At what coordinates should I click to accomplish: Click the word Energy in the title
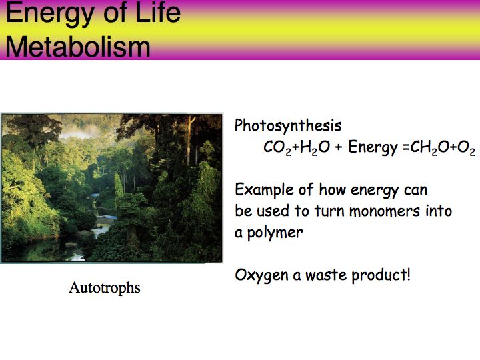coord(49,13)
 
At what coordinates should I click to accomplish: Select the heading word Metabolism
coord(78,47)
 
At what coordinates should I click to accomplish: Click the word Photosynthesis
coord(288,125)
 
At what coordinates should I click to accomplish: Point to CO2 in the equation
coord(277,147)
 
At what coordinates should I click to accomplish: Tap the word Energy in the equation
coord(373,148)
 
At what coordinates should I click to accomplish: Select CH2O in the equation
coord(430,147)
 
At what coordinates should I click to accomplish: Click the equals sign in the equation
coord(406,147)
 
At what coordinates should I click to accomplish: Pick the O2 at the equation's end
coord(466,147)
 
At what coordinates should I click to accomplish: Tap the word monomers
coord(385,211)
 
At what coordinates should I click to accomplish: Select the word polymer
coord(275,233)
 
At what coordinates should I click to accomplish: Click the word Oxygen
coord(262,275)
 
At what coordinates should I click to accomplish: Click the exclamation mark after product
coord(408,274)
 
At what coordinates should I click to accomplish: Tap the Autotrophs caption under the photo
coord(105,288)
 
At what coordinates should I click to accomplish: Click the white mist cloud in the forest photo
coord(77,132)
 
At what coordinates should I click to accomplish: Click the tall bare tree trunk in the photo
coord(191,141)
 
